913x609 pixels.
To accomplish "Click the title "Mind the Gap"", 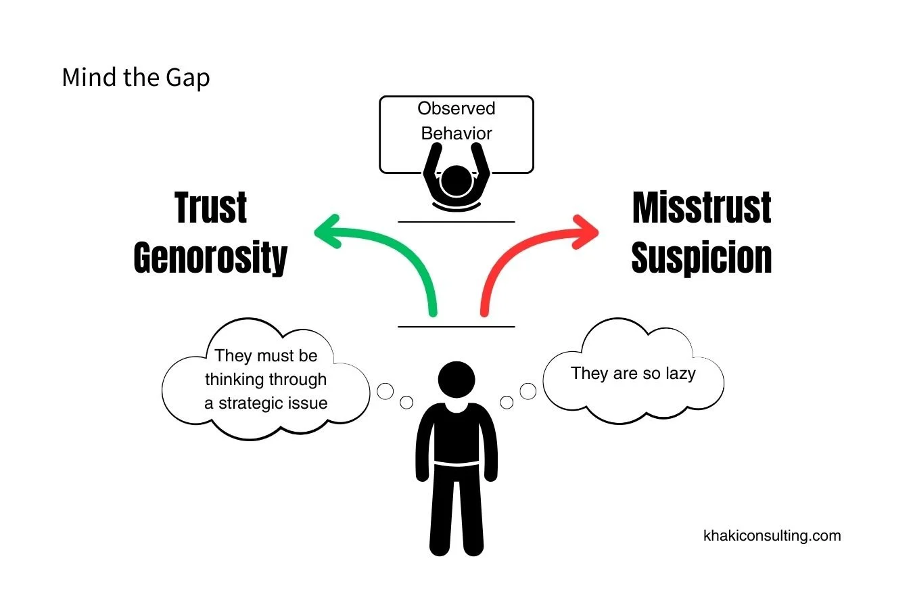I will point(135,78).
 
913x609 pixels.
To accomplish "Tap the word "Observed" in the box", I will point(456,109).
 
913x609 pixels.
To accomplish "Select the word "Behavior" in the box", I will point(456,133).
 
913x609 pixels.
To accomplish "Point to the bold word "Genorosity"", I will point(210,258).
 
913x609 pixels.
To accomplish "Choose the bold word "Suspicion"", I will point(701,258).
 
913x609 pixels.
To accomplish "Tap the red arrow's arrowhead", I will point(586,231).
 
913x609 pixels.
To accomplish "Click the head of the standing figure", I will point(456,380).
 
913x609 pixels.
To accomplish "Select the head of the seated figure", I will point(456,181).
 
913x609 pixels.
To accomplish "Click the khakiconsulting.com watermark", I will point(772,536).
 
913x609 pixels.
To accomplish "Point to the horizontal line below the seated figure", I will point(456,221).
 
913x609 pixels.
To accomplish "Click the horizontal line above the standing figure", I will point(456,327).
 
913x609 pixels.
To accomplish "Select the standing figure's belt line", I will point(456,464).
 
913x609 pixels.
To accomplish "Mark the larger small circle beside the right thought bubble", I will point(528,391).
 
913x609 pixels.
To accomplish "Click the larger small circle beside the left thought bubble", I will point(385,391).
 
